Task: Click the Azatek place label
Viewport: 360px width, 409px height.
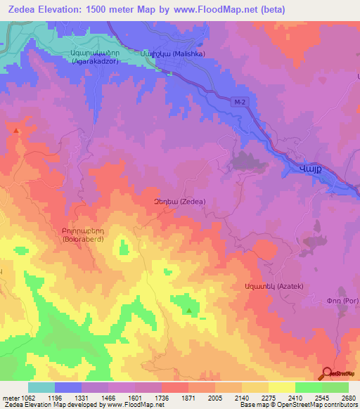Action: pos(263,287)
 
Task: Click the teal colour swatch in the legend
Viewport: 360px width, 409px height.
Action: pos(41,387)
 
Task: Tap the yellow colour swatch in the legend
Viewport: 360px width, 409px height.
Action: pos(281,387)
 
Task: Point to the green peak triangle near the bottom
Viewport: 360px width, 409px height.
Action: pos(188,310)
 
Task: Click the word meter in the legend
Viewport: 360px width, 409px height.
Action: pos(10,397)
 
